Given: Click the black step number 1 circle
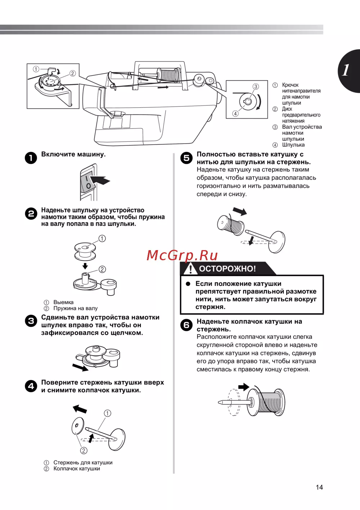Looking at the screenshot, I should (x=31, y=158).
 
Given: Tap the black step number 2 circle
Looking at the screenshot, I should (x=31, y=213).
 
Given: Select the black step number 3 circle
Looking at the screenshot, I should (x=31, y=321).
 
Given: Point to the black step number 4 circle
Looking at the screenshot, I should (x=31, y=386).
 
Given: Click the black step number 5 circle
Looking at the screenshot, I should (x=186, y=158).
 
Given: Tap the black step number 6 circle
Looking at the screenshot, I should (x=186, y=325).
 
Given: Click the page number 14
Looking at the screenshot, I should (x=319, y=487).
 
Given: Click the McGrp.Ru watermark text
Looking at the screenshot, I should (x=182, y=255).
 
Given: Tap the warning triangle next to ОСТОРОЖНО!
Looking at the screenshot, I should (x=190, y=268).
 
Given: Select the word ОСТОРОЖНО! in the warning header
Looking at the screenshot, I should (x=227, y=268).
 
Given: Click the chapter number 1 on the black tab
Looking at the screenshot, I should (x=346, y=70).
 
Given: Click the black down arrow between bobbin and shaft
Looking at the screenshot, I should (x=85, y=266).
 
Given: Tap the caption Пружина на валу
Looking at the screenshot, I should (x=75, y=308).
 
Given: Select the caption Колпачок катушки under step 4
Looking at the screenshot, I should (x=77, y=469).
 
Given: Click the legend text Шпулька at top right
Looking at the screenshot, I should (x=293, y=145).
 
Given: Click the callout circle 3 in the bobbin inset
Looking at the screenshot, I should (x=256, y=86).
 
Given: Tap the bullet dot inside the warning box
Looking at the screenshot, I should (x=188, y=284).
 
